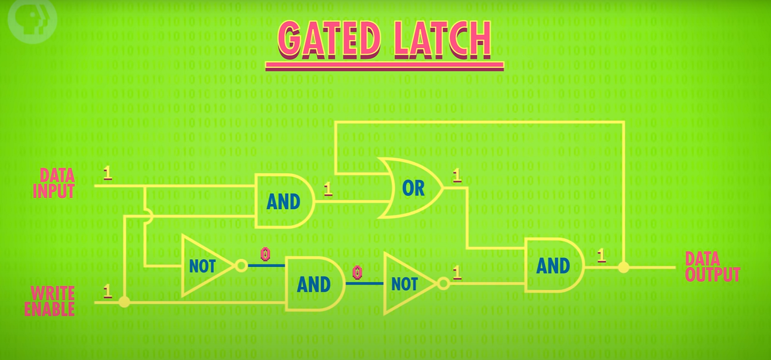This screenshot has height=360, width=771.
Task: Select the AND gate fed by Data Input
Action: click(x=285, y=201)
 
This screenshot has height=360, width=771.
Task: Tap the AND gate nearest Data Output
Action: click(x=554, y=265)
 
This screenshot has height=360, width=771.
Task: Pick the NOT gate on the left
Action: click(x=208, y=266)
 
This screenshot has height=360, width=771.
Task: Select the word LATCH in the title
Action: click(x=443, y=39)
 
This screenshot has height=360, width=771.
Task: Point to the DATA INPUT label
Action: click(x=54, y=183)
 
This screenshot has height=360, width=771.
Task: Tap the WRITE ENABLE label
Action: click(x=50, y=301)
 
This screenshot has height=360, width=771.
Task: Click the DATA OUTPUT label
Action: click(x=712, y=267)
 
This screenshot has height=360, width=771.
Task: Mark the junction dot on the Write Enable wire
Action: click(x=124, y=302)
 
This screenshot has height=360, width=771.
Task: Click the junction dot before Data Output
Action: click(x=623, y=267)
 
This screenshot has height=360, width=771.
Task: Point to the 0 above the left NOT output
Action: click(x=265, y=254)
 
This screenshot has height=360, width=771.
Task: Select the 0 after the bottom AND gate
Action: click(x=357, y=272)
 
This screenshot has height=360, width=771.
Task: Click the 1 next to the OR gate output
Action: click(x=457, y=176)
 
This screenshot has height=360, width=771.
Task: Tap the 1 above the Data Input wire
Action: click(x=107, y=173)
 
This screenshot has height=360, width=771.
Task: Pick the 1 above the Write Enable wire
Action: click(x=107, y=292)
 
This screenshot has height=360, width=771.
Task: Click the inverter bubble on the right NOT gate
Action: click(x=444, y=283)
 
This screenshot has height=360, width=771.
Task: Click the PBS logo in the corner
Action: click(x=32, y=21)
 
